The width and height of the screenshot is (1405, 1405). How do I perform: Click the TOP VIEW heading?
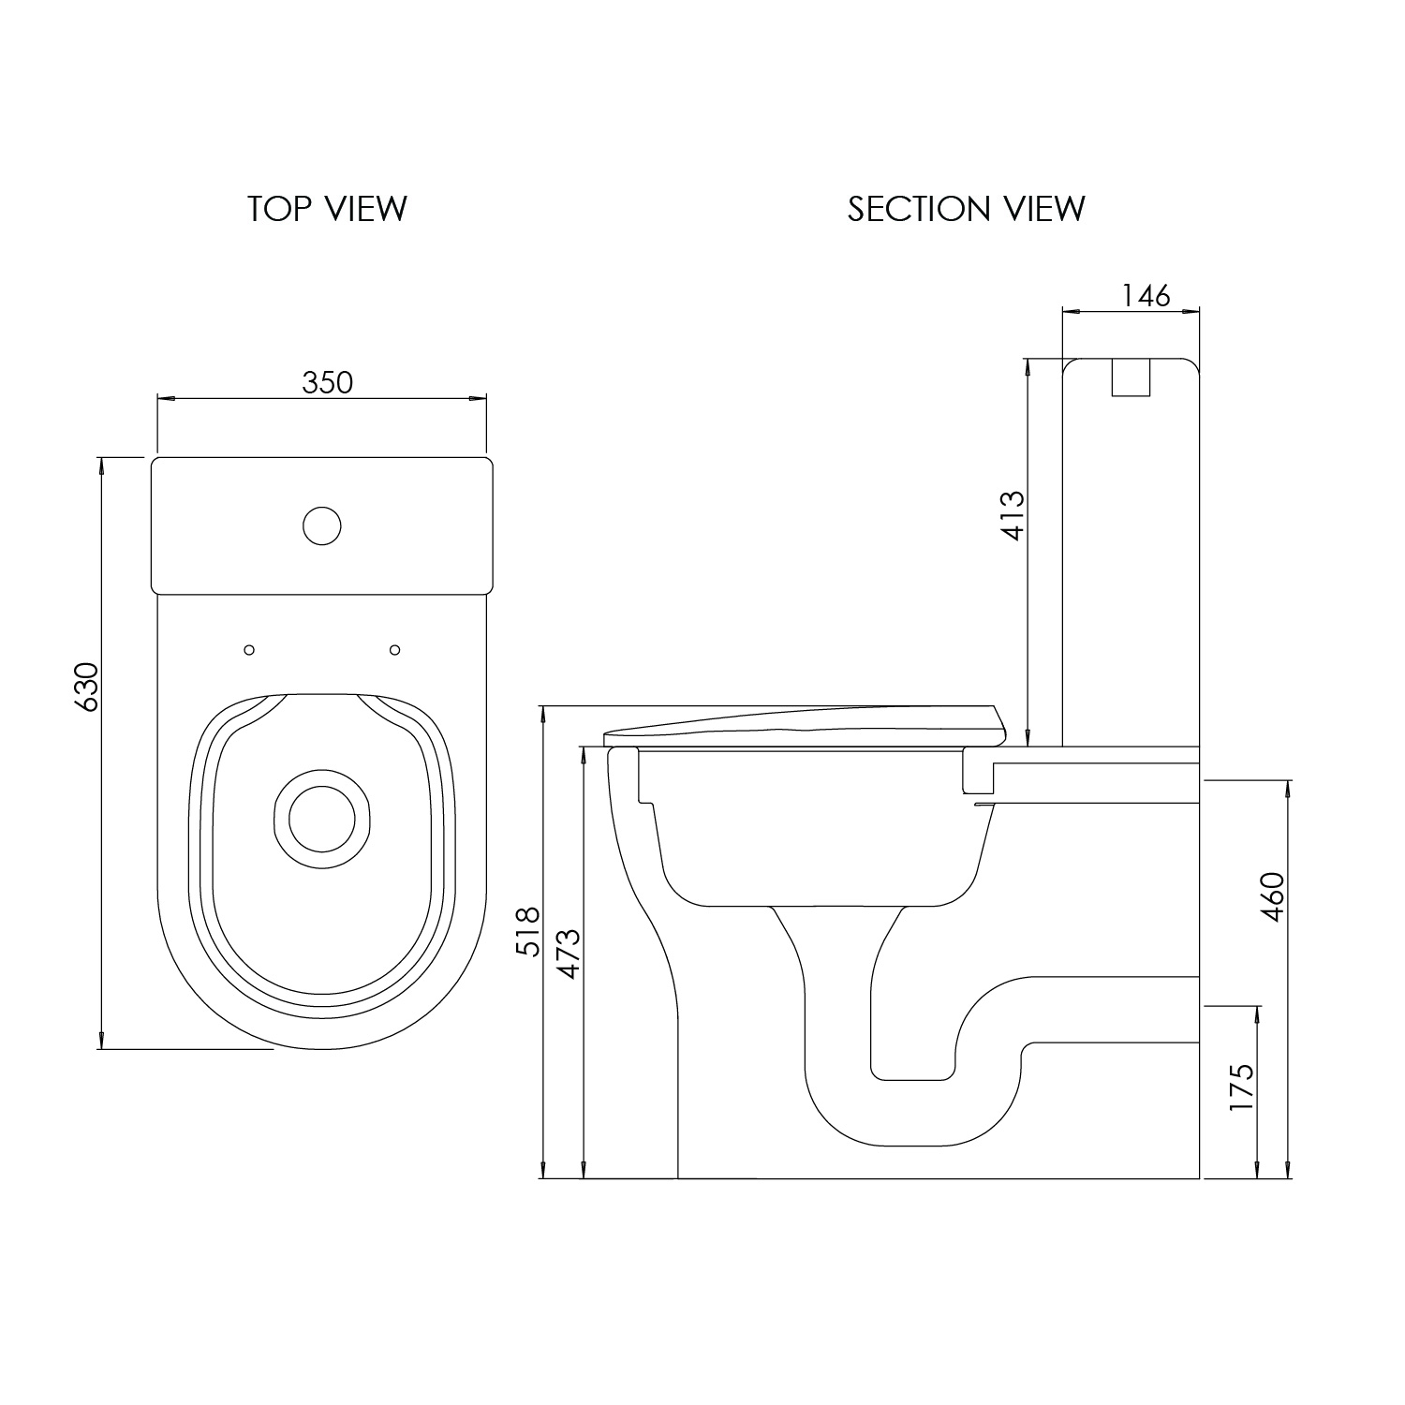(x=328, y=208)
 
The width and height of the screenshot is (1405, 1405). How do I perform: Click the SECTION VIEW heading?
(x=967, y=208)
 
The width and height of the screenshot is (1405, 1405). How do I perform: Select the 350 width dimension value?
(x=328, y=382)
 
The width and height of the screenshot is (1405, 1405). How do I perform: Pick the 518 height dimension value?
(x=529, y=930)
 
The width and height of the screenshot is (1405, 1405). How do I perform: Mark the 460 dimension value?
(x=1274, y=896)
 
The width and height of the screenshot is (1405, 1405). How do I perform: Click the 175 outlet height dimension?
(x=1241, y=1087)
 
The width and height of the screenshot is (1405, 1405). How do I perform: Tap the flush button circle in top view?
(x=322, y=525)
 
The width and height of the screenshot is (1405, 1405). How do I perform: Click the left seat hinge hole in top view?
(x=249, y=649)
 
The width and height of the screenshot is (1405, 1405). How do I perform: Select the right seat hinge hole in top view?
(x=394, y=649)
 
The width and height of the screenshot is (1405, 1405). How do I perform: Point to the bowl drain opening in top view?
(x=322, y=813)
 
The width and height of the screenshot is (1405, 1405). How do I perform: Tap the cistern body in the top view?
(x=322, y=525)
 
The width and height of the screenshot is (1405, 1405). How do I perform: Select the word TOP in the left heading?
(x=279, y=208)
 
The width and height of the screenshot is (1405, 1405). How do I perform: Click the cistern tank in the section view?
(x=1131, y=552)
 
